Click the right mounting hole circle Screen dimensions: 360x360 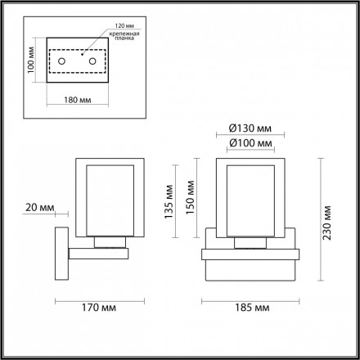92,62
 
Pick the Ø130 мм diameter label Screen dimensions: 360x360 247,129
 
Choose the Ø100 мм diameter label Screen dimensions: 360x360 247,144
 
